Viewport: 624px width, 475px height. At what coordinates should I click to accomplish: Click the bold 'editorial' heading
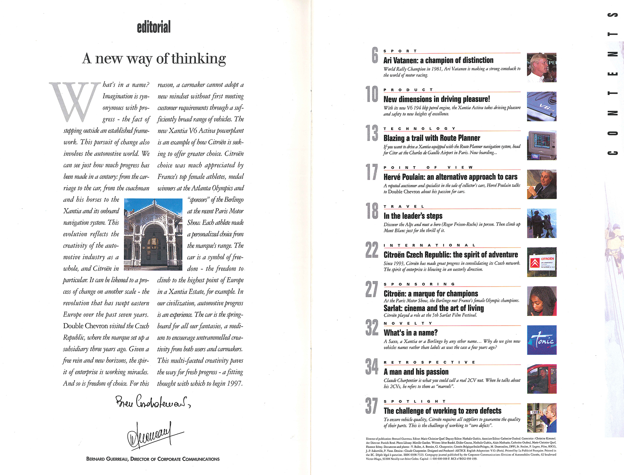pyautogui.click(x=154, y=27)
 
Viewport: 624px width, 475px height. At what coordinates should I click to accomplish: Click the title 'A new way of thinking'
pyautogui.click(x=154, y=58)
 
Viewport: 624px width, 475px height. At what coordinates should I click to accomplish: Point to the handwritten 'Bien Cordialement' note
pyautogui.click(x=153, y=402)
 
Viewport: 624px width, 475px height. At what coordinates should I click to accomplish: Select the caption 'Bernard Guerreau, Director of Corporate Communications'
pyautogui.click(x=153, y=459)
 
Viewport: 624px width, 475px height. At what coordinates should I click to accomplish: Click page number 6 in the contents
pyautogui.click(x=375, y=55)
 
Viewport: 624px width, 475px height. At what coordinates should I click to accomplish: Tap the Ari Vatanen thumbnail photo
pyautogui.click(x=541, y=67)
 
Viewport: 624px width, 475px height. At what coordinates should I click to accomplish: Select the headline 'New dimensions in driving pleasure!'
pyautogui.click(x=436, y=99)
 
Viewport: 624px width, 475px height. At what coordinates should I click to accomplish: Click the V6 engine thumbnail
pyautogui.click(x=541, y=106)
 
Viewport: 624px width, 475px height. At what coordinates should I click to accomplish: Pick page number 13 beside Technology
pyautogui.click(x=372, y=133)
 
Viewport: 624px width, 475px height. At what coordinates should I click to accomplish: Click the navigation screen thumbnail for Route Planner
pyautogui.click(x=541, y=145)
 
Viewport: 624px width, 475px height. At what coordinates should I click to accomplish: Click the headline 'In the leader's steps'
pyautogui.click(x=413, y=216)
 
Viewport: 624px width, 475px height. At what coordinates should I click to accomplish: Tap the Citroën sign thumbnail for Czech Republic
pyautogui.click(x=541, y=262)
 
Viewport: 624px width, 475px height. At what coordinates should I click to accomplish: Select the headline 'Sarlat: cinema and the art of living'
pyautogui.click(x=434, y=308)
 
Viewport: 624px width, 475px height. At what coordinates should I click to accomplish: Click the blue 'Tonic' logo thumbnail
pyautogui.click(x=541, y=340)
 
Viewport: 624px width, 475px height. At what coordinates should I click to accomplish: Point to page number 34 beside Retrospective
pyautogui.click(x=372, y=366)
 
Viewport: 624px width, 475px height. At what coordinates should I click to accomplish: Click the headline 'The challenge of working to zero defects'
pyautogui.click(x=442, y=411)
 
